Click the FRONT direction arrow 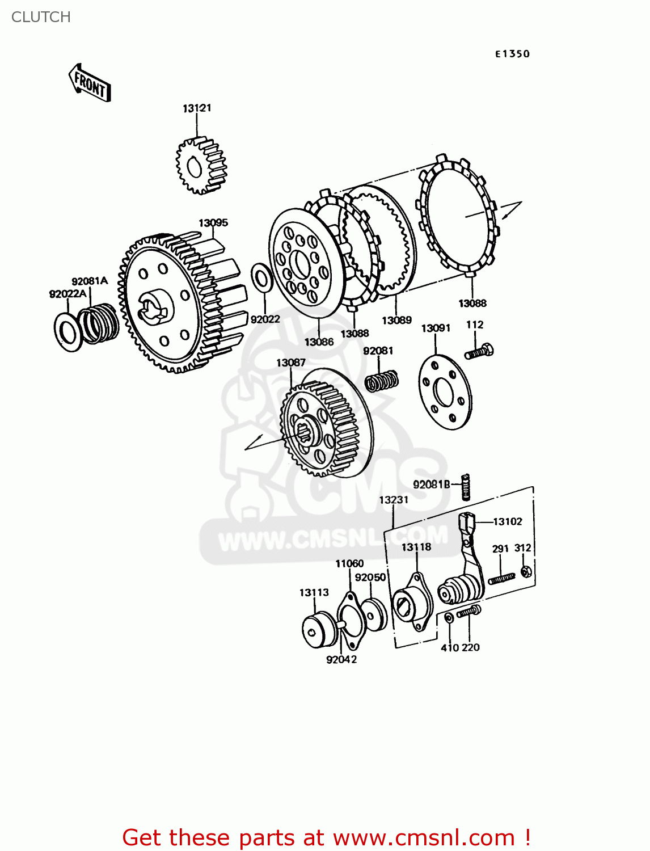[x=90, y=83]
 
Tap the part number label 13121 [x=197, y=108]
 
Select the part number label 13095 [x=213, y=223]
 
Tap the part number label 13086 [x=319, y=342]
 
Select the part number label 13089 [x=396, y=321]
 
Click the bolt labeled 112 [x=479, y=352]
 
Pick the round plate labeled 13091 [x=445, y=392]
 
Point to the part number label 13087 [x=290, y=363]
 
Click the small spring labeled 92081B [x=466, y=487]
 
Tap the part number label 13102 [x=508, y=521]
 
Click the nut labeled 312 [x=526, y=571]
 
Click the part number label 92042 [x=341, y=659]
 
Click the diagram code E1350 [x=512, y=54]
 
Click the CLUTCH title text [x=41, y=17]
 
